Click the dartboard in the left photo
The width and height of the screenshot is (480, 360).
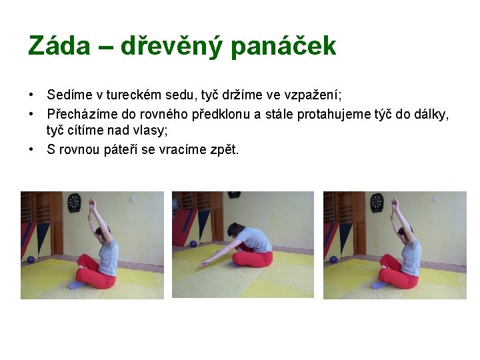click(x=73, y=199)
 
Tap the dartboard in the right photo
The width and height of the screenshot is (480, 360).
click(x=377, y=199)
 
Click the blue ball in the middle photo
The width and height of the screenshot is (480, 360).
click(x=193, y=244)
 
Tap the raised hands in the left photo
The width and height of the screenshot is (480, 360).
click(x=92, y=203)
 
